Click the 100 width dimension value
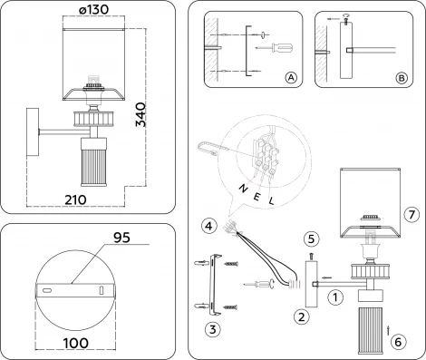tap(76, 344)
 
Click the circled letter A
tap(290, 79)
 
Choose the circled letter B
tap(401, 79)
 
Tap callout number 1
tap(334, 295)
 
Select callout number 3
tap(210, 327)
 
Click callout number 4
tap(208, 224)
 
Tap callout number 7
tap(411, 215)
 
